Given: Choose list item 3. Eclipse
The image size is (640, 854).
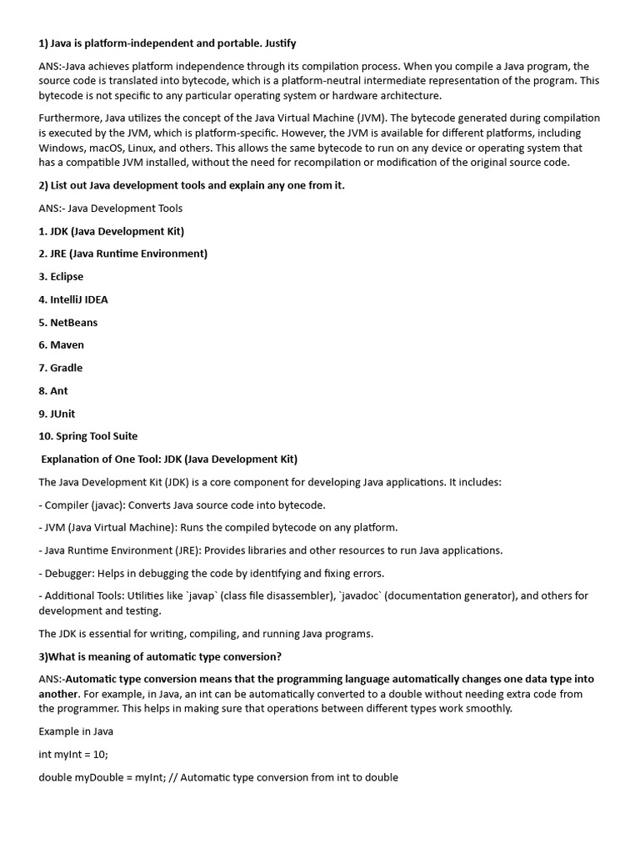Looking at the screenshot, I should tap(61, 277).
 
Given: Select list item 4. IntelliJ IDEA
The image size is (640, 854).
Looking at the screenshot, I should tap(73, 299).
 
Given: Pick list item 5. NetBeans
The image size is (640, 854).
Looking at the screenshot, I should tap(67, 322).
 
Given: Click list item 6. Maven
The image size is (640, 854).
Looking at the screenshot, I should tap(61, 344).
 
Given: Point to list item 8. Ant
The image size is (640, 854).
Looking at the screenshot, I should tap(53, 390).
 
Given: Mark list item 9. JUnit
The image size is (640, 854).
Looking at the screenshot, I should tap(57, 414).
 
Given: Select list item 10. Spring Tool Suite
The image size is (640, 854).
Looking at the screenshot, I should tap(87, 436).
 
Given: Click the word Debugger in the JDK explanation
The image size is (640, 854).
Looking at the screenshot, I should tap(71, 573).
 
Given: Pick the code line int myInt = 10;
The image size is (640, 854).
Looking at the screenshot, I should tap(73, 754).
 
